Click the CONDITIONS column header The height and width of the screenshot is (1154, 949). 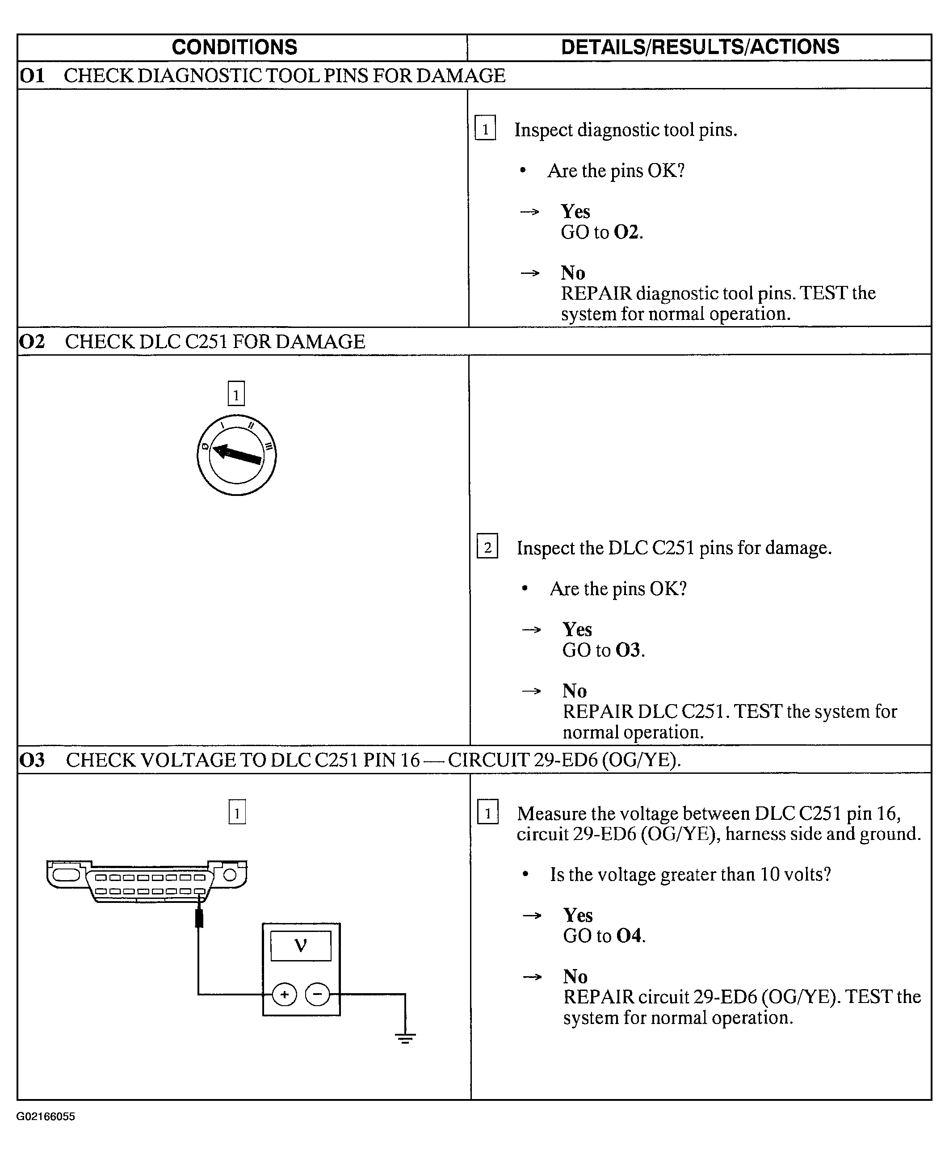[235, 47]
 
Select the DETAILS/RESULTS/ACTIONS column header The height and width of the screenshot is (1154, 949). [700, 47]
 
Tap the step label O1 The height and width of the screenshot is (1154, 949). [32, 76]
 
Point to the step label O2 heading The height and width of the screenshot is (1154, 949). [32, 342]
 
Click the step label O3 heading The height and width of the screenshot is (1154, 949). [32, 760]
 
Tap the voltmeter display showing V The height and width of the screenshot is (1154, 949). [301, 945]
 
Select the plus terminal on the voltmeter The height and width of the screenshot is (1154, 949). [284, 995]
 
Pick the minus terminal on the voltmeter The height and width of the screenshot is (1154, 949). [318, 995]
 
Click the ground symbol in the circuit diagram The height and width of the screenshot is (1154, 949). [405, 1037]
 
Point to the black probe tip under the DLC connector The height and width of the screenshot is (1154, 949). [199, 919]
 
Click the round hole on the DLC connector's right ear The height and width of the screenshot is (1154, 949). [230, 875]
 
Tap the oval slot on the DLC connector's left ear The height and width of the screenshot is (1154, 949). [66, 875]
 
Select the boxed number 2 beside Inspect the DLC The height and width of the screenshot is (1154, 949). [487, 547]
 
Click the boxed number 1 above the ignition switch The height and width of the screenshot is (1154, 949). [236, 394]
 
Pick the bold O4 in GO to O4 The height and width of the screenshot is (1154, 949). [629, 936]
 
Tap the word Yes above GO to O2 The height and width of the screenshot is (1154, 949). [575, 212]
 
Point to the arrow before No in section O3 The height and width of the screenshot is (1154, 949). [532, 977]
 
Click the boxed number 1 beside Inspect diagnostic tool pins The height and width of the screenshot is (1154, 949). [485, 129]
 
